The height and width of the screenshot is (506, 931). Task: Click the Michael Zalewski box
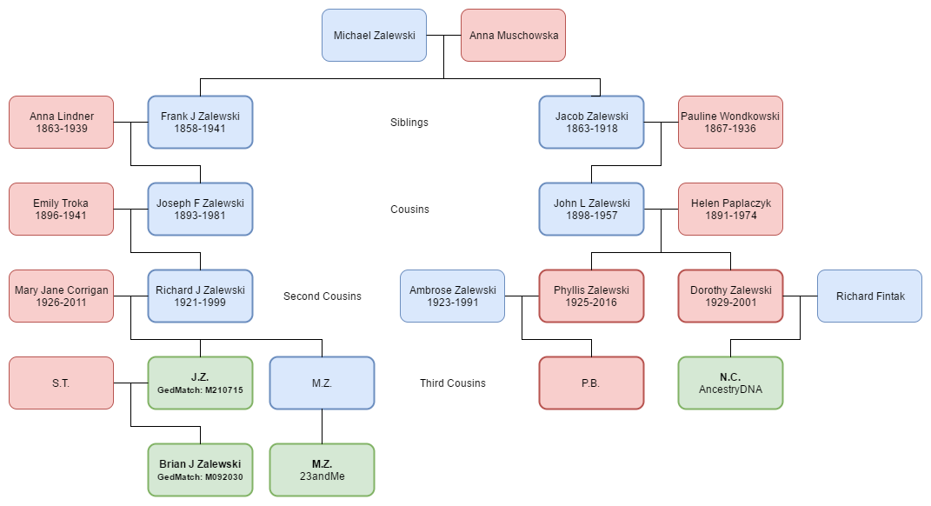[374, 36]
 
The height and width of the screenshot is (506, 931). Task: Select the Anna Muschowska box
[513, 36]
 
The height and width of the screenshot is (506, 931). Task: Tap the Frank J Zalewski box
[200, 122]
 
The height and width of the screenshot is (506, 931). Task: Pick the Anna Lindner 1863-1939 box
[61, 122]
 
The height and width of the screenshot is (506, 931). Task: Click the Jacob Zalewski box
[591, 122]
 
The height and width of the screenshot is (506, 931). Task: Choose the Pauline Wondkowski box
[730, 122]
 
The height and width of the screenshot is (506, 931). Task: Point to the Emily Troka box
[61, 209]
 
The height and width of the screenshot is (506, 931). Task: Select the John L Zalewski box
[591, 209]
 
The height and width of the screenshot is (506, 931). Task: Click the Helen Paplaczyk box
[730, 209]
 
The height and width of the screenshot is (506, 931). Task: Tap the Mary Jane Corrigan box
[61, 296]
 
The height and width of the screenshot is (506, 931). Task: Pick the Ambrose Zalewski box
[452, 296]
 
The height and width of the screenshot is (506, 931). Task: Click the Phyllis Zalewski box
[591, 296]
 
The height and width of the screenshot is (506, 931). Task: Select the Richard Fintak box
[869, 296]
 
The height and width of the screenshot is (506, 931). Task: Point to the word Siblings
[409, 123]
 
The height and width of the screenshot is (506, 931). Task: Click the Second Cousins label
[322, 296]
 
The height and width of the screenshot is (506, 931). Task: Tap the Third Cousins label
[452, 383]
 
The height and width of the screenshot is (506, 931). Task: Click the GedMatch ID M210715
[200, 390]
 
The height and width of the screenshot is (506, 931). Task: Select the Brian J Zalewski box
[200, 469]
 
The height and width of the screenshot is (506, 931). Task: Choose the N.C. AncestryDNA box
[730, 383]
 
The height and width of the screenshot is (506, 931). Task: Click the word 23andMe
[322, 476]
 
